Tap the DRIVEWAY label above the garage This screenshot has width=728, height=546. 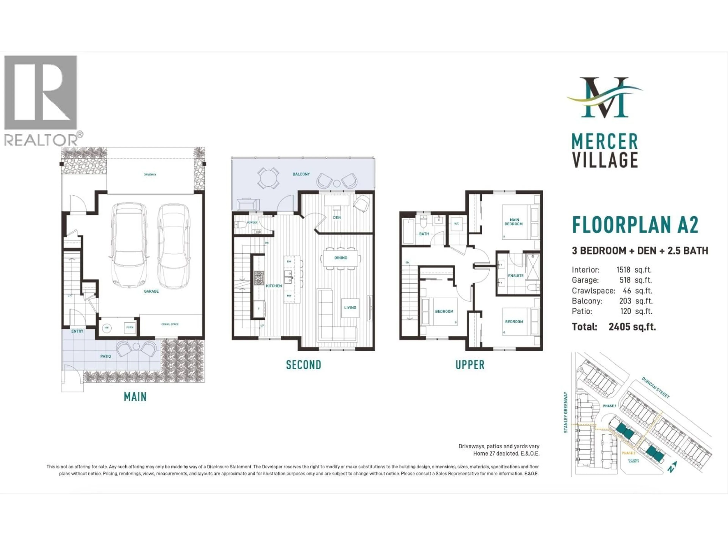point(150,174)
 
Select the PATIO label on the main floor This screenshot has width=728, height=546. point(105,356)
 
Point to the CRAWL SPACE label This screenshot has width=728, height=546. point(170,324)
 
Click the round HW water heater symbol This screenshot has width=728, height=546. point(106,328)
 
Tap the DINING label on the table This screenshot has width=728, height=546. point(341,258)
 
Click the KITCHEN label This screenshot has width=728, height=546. point(274,286)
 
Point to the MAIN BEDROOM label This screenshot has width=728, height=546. point(514,222)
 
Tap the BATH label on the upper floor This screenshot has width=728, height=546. point(424,234)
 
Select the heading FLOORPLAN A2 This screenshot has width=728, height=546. point(635,225)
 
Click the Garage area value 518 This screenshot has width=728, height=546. point(625,280)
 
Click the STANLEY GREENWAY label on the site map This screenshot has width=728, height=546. point(566,412)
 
